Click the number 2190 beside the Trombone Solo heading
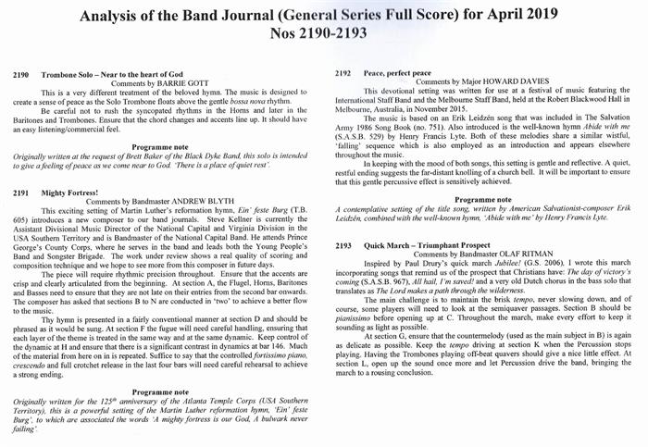(x=24, y=73)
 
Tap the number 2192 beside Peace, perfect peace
(x=344, y=70)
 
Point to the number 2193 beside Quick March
(x=344, y=245)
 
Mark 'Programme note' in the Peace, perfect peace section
(x=488, y=199)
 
